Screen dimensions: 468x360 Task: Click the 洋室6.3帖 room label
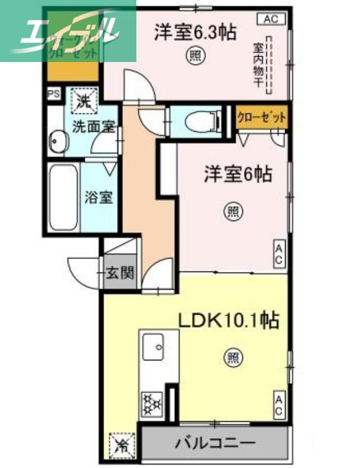point(195,33)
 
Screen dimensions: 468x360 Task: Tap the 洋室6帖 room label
point(238,174)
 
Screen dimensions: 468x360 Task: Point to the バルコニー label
point(215,443)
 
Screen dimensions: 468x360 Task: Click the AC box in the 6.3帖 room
point(270,19)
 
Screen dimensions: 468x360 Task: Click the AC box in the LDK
point(279,406)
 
